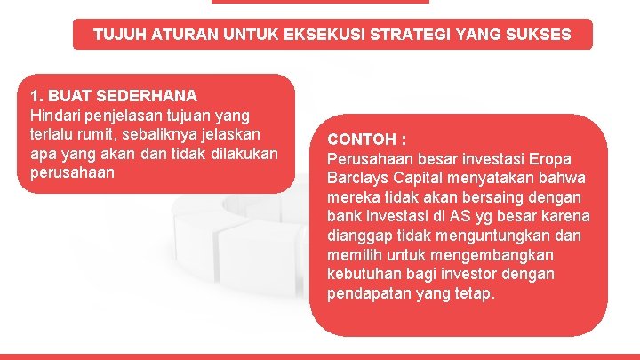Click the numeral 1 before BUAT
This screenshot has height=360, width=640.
click(35, 95)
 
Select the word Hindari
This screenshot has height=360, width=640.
click(56, 115)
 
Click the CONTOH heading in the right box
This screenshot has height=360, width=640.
click(363, 140)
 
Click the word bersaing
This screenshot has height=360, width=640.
click(499, 197)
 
